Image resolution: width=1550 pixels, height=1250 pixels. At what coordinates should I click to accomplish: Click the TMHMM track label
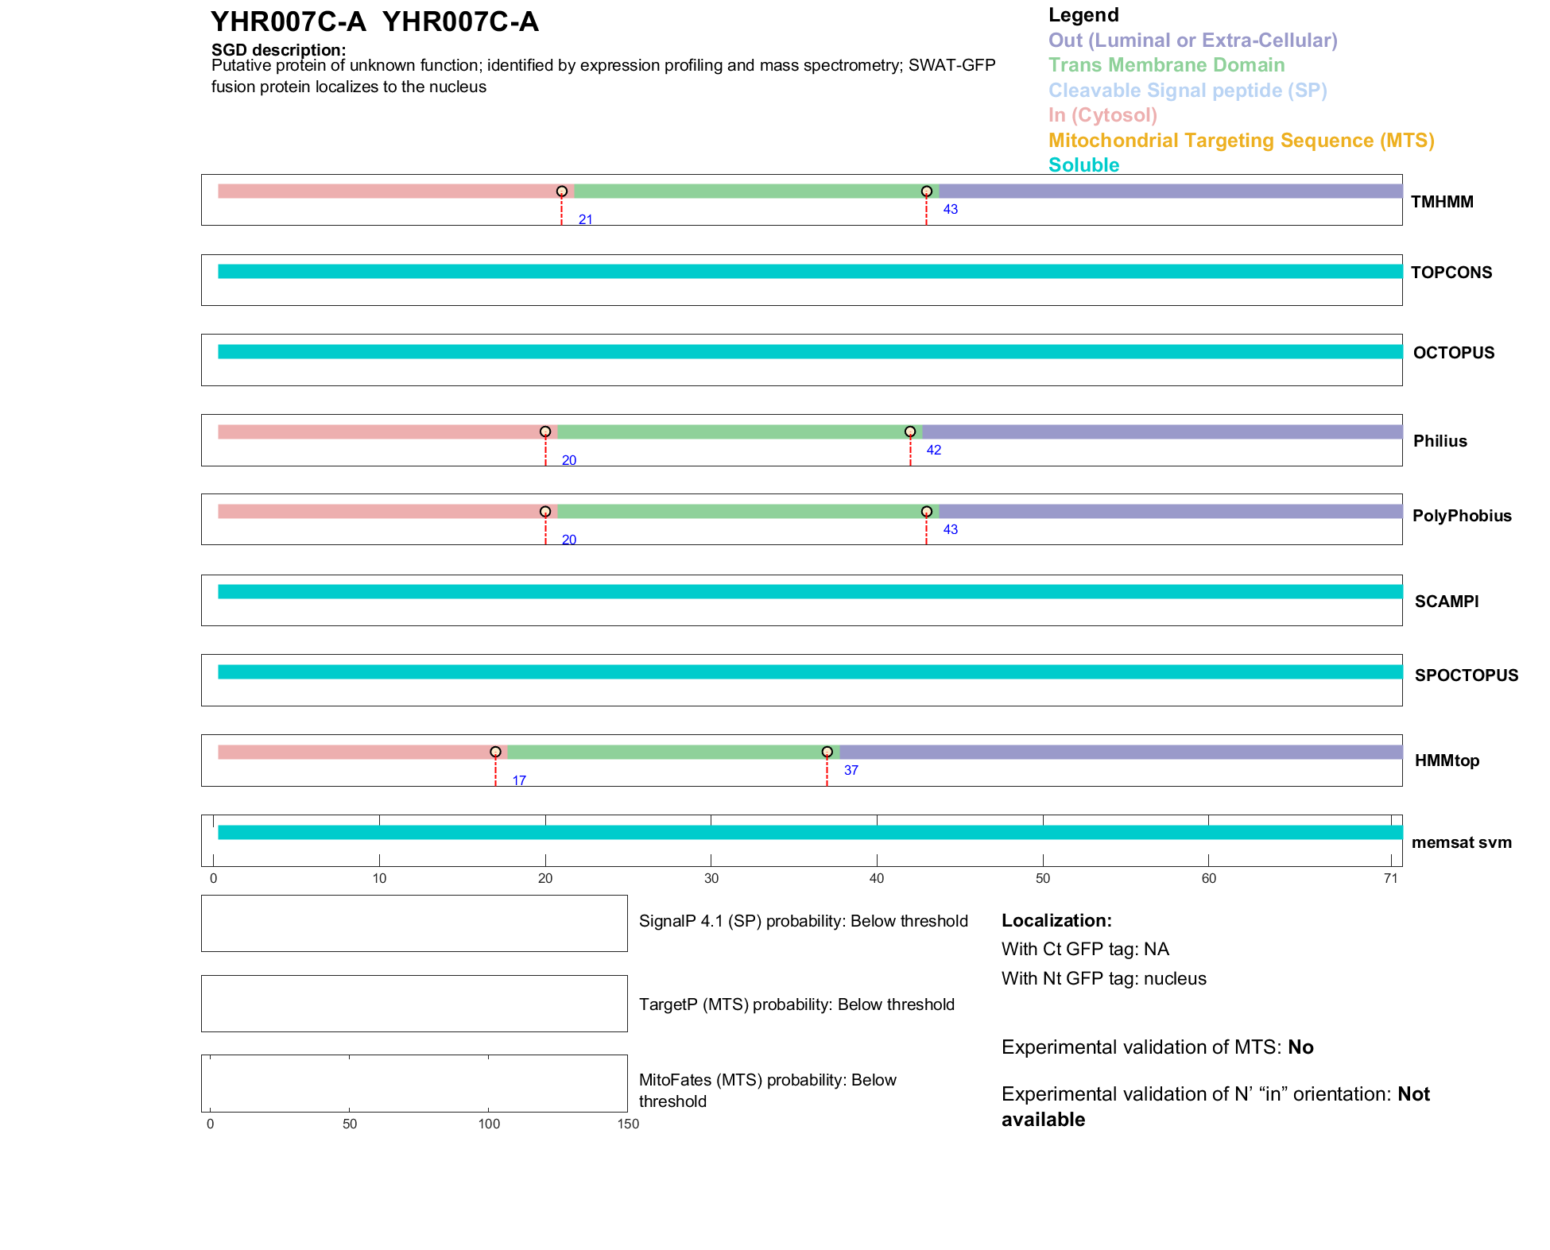click(x=1442, y=202)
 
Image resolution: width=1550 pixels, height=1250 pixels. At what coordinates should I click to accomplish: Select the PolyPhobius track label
click(x=1462, y=516)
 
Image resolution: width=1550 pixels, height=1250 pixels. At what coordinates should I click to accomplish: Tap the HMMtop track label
click(x=1447, y=760)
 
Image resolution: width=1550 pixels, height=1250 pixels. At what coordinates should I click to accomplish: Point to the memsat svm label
click(x=1461, y=842)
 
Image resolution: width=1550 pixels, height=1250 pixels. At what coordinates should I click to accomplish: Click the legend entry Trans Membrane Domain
click(x=1166, y=65)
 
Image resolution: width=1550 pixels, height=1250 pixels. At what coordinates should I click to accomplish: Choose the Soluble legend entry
click(x=1083, y=165)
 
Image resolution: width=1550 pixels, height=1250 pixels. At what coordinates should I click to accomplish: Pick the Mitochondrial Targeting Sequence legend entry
click(x=1241, y=141)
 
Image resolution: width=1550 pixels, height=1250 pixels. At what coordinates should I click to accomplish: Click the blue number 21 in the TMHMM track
click(x=586, y=219)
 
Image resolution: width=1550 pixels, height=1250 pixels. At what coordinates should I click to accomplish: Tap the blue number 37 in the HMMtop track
click(x=851, y=770)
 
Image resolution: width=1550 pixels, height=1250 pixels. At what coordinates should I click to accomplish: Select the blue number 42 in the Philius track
click(x=934, y=450)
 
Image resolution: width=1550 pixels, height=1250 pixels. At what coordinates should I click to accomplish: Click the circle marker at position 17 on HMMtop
click(x=495, y=752)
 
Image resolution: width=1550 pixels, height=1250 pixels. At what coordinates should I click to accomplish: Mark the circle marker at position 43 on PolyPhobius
click(x=927, y=512)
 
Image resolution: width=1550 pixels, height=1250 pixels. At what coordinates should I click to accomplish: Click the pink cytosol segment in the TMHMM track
click(x=389, y=192)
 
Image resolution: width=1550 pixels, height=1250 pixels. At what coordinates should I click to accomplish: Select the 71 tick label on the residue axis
click(x=1390, y=878)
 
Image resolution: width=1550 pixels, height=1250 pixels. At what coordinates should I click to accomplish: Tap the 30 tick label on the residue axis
click(x=711, y=878)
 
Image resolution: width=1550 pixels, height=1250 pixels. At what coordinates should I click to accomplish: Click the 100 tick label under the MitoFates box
click(x=489, y=1124)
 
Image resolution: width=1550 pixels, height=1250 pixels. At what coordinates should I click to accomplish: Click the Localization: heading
click(x=1056, y=920)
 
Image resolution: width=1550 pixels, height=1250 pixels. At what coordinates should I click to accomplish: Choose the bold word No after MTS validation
click(x=1300, y=1047)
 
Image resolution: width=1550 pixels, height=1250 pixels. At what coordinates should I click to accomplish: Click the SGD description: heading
click(x=278, y=49)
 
